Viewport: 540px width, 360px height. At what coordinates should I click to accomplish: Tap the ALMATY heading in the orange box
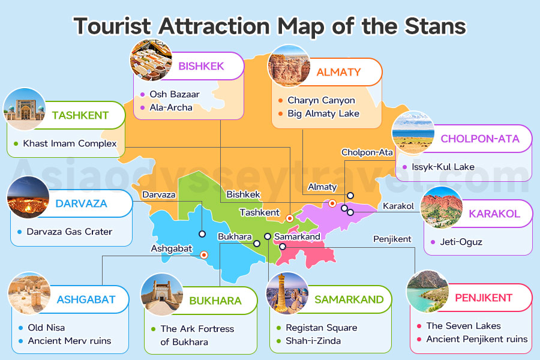[x=338, y=72]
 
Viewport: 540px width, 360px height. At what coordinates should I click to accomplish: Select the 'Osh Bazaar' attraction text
[x=175, y=94]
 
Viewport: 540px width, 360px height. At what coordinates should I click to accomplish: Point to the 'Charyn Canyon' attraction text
[x=321, y=100]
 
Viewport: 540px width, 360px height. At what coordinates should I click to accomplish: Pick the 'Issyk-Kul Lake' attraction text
[x=443, y=167]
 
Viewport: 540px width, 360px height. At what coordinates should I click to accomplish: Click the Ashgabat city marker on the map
[x=204, y=254]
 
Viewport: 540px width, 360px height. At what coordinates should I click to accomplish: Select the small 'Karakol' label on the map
[x=398, y=206]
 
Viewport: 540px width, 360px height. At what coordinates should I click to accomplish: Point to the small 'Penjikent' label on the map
[x=392, y=239]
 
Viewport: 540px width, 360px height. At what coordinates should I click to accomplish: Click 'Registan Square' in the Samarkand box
[x=321, y=328]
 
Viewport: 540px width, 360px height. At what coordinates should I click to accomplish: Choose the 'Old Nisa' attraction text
[x=46, y=328]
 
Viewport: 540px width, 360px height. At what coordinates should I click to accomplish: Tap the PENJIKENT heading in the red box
[x=484, y=298]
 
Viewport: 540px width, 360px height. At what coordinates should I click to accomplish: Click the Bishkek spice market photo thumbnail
[x=151, y=60]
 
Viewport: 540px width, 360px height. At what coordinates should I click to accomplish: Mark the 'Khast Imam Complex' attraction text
[x=70, y=144]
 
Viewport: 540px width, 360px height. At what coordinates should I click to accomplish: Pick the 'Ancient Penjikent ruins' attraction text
[x=477, y=339]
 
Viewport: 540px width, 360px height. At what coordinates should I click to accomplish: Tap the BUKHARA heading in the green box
[x=215, y=301]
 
